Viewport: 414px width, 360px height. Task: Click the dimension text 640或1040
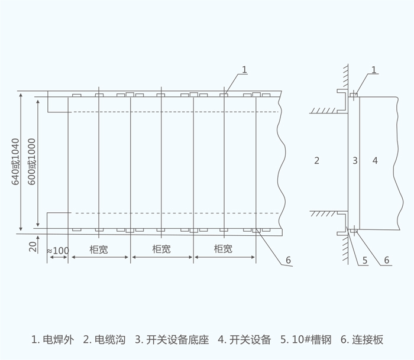16,162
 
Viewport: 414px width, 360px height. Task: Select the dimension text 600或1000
33,162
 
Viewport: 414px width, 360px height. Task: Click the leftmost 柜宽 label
99,249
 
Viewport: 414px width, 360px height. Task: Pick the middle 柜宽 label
161,249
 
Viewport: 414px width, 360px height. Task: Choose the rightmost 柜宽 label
223,249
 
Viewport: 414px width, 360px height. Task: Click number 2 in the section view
317,160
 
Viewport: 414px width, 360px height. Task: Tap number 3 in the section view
355,160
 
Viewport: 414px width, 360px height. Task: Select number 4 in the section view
375,160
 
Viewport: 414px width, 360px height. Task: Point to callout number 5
365,260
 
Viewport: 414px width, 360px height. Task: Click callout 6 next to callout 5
386,260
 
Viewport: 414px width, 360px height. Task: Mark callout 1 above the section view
374,70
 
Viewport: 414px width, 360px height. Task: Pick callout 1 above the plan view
245,70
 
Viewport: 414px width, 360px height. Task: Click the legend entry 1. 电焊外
53,340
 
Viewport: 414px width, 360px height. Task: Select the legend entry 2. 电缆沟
104,340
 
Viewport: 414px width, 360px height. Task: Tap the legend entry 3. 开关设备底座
172,340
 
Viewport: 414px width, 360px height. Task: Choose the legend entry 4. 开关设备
244,340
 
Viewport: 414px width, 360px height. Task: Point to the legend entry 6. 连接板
362,340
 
